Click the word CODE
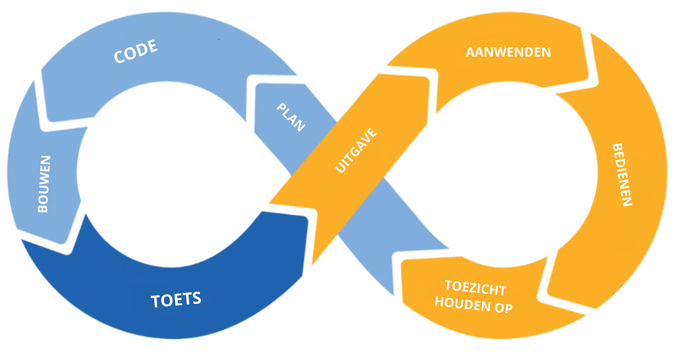[x=136, y=52]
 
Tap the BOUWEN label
[x=44, y=184]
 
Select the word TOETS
[x=176, y=300]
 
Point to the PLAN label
[x=290, y=117]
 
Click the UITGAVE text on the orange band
[x=356, y=150]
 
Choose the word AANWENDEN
[x=508, y=52]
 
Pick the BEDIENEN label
[x=622, y=175]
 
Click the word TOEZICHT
[x=475, y=288]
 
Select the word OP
[x=503, y=308]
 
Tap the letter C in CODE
[x=119, y=57]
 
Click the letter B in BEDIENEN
[x=617, y=148]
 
